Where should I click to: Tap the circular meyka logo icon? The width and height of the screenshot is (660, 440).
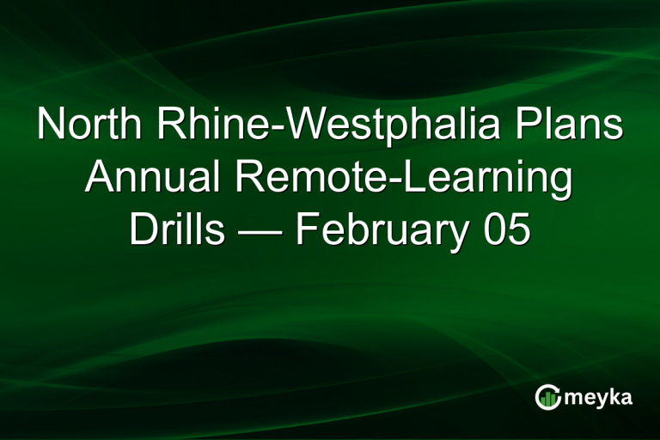[x=547, y=397]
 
